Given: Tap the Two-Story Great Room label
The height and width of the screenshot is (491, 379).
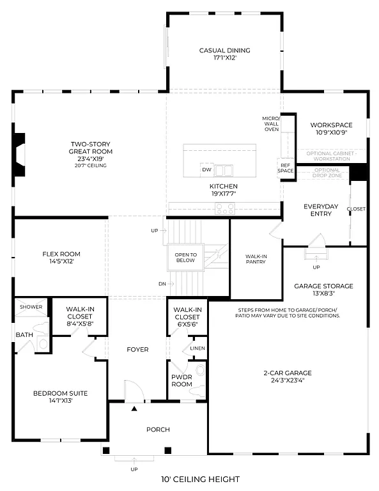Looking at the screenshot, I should pos(91,148).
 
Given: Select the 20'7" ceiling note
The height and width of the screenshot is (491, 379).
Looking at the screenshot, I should pos(91,166).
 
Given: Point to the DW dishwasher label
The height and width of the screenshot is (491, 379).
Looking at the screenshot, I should pos(206,171).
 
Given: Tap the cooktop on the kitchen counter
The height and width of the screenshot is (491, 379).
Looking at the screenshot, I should pos(225,207).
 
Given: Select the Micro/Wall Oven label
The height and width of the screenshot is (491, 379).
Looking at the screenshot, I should pos(271,124).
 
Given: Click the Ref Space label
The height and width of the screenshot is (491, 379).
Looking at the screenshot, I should pos(285,168).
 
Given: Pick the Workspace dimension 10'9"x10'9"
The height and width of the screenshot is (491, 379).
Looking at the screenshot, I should pos(328,134).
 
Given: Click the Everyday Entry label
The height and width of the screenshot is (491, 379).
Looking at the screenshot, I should pos(320,210).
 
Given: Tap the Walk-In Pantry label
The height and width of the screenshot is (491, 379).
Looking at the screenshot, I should pos(256,260).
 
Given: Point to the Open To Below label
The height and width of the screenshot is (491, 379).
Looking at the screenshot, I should pos(186,258).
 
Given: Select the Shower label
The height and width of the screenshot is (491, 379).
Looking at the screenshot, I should pos(31,307).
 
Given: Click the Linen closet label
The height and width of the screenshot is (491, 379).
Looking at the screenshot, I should pos(197,348).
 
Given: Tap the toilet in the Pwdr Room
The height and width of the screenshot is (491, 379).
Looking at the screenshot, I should pos(199,370).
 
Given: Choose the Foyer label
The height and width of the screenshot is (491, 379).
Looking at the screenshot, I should pos(137,350).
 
